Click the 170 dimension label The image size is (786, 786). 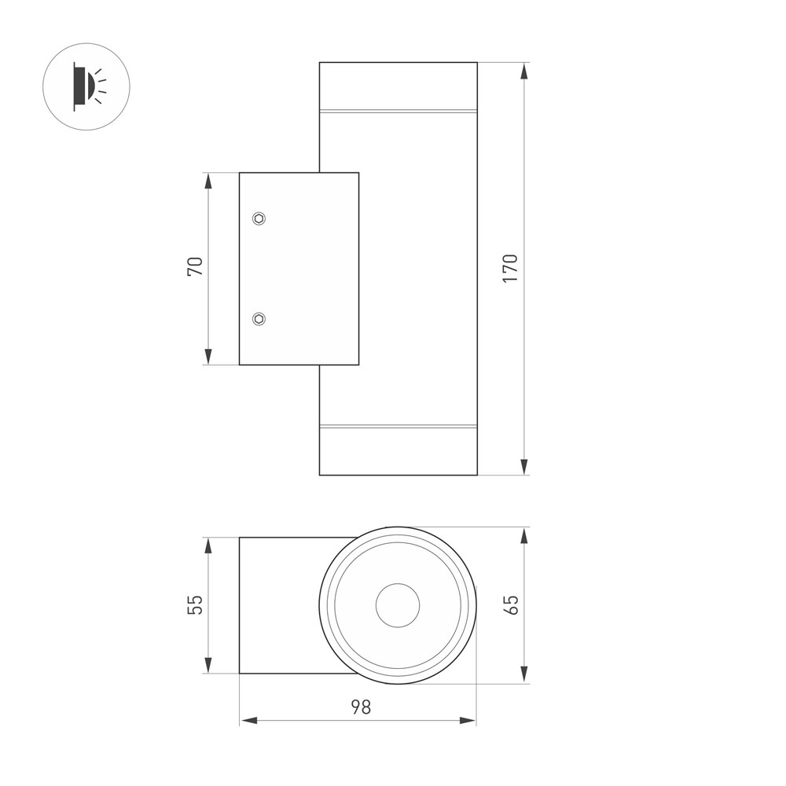click(510, 268)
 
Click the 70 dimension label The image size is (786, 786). click(195, 266)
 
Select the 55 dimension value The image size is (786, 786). click(195, 604)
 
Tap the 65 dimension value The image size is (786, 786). click(512, 604)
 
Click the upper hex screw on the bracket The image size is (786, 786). click(259, 219)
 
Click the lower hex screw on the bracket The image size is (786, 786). click(259, 319)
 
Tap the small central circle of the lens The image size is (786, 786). click(398, 605)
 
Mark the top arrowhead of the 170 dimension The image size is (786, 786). click(524, 71)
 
